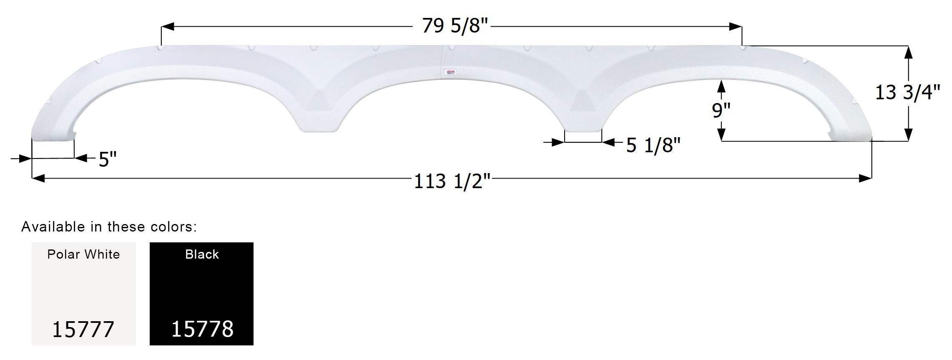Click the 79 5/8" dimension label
pyautogui.click(x=455, y=26)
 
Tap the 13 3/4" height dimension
pyautogui.click(x=907, y=93)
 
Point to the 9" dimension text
pyautogui.click(x=721, y=111)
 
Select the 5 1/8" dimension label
pyautogui.click(x=653, y=146)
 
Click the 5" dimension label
pyautogui.click(x=108, y=159)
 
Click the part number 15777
pyautogui.click(x=83, y=330)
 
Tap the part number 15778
pyautogui.click(x=202, y=329)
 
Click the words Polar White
pyautogui.click(x=83, y=254)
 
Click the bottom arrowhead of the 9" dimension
pyautogui.click(x=721, y=134)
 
